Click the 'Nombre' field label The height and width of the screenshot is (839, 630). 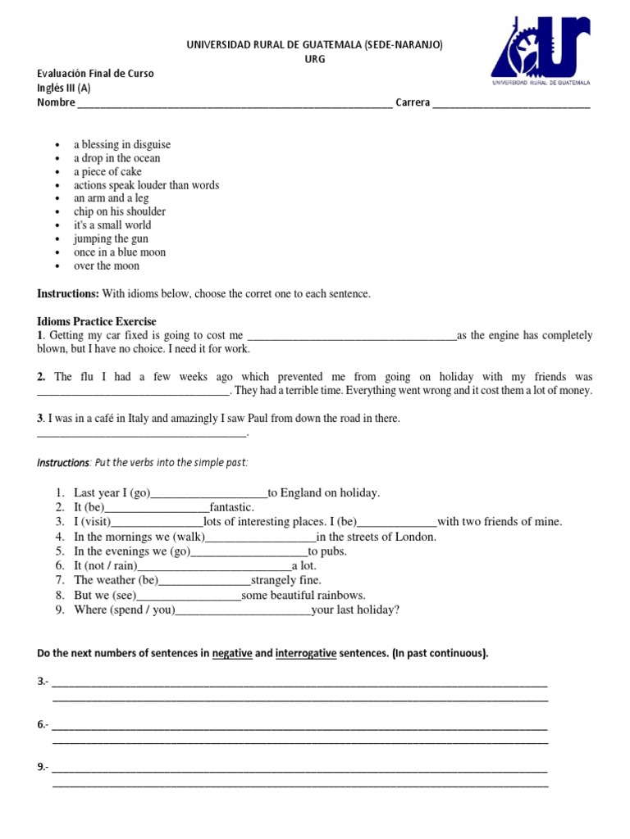click(56, 103)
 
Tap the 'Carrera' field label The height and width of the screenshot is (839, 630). click(413, 103)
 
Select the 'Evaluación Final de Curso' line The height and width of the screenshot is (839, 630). click(95, 74)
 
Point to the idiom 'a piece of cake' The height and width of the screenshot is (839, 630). click(107, 172)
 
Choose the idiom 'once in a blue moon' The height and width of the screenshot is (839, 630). click(120, 252)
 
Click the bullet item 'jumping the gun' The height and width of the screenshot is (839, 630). click(111, 238)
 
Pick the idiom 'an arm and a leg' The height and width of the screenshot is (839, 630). click(112, 198)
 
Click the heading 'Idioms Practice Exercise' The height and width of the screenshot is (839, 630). click(97, 321)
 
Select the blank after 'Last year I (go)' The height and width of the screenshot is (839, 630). click(210, 493)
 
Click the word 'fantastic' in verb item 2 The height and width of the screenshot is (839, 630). click(231, 508)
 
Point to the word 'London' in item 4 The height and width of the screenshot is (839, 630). click(415, 537)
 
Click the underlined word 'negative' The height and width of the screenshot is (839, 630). click(232, 654)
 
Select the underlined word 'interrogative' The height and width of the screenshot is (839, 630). click(306, 654)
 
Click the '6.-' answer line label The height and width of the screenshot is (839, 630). click(43, 725)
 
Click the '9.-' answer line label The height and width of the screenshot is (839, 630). click(43, 768)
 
